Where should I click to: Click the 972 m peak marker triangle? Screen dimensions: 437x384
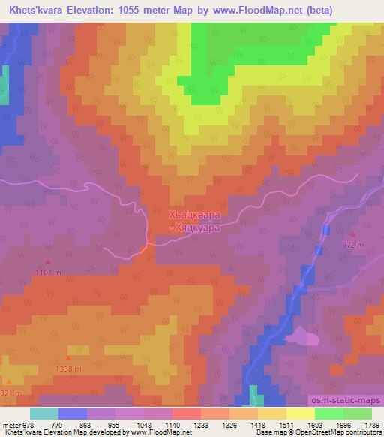pos(352,234)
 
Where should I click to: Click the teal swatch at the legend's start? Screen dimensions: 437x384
pos(43,414)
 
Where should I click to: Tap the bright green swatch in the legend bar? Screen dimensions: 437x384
pos(329,414)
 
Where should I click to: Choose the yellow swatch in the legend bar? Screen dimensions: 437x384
pos(301,414)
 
